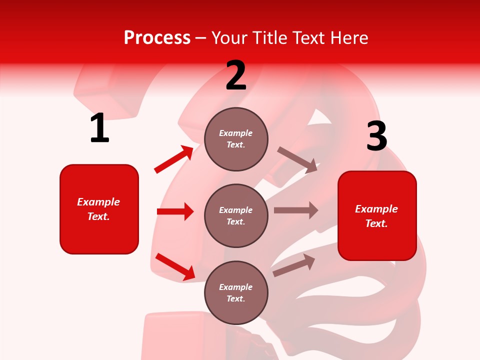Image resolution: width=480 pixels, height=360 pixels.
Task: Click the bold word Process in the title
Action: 157,38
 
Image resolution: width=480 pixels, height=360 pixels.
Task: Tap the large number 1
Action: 99,128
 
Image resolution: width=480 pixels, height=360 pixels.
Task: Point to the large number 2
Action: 236,76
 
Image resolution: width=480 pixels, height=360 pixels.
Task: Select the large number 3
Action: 376,136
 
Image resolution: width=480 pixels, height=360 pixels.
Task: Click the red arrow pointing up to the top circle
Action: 174,159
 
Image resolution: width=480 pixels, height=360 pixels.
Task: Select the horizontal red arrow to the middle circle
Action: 175,211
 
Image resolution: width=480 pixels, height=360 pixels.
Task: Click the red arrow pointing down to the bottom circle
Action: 175,266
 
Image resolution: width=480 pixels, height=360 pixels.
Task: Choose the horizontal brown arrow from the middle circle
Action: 296,210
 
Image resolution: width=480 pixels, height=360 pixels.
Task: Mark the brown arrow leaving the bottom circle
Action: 294,265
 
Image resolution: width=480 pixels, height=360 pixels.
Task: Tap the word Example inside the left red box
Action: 98,202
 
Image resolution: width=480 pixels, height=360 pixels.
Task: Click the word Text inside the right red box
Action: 376,223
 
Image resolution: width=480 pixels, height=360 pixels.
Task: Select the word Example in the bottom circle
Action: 236,287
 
